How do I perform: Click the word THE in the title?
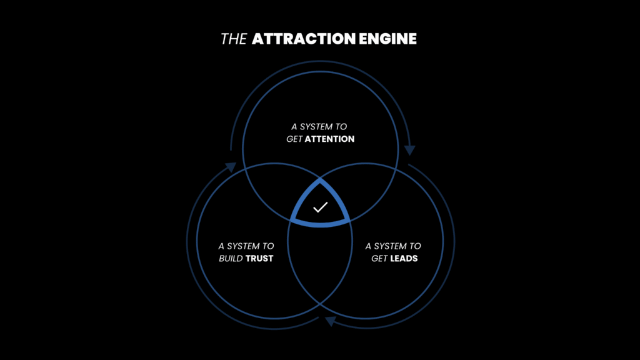(x=234, y=39)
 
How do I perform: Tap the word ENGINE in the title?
(x=388, y=39)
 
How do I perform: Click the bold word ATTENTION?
(x=329, y=139)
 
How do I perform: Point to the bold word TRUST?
(x=259, y=258)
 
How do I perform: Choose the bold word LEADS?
(x=404, y=258)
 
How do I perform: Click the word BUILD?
(x=231, y=258)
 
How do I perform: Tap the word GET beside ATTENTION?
(x=294, y=139)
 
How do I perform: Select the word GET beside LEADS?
(x=379, y=258)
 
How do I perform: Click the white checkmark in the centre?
(x=320, y=207)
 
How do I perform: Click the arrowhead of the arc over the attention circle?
(x=410, y=150)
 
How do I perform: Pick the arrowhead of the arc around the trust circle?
(x=230, y=167)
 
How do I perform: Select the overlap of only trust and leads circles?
(x=320, y=262)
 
